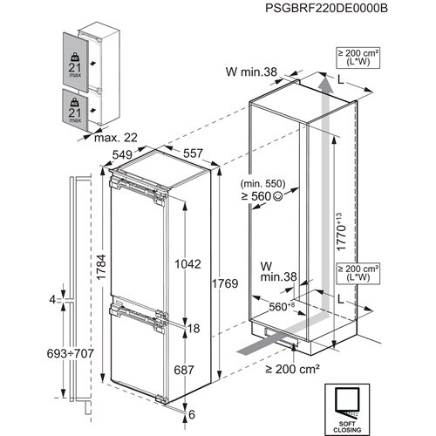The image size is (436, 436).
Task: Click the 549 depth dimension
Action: [122, 156]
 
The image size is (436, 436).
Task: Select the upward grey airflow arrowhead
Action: [324, 84]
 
